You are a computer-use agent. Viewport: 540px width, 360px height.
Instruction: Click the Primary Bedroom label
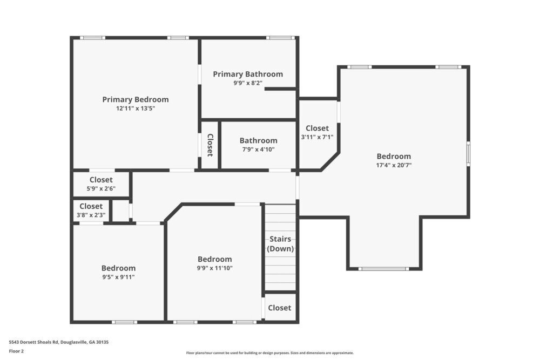tap(136, 99)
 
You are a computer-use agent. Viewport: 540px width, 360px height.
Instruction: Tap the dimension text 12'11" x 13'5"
tap(136, 108)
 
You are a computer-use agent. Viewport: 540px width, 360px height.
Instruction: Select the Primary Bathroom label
tap(248, 74)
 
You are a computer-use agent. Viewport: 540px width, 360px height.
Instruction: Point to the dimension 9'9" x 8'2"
tap(248, 83)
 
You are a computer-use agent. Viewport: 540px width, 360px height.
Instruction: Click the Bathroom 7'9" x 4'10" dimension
tap(258, 149)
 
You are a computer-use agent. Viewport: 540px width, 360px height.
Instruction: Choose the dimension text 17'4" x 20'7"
tap(394, 165)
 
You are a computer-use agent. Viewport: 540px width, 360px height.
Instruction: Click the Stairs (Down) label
tap(280, 243)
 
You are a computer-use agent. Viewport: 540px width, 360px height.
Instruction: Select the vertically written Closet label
tap(210, 145)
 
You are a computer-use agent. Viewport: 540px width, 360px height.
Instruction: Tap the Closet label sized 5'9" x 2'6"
tap(101, 180)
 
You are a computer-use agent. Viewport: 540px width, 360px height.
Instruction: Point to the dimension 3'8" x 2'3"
tap(91, 215)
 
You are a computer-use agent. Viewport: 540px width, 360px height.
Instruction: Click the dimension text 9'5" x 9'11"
tap(118, 277)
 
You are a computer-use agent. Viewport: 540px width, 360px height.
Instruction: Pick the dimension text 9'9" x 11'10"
tap(214, 268)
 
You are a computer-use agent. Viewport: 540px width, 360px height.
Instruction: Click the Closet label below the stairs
tap(280, 308)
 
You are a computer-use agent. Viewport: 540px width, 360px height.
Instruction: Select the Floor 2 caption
tap(16, 351)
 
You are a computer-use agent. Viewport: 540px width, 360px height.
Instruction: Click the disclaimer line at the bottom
tap(270, 352)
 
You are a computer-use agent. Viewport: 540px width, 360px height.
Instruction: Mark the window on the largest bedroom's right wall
tap(468, 153)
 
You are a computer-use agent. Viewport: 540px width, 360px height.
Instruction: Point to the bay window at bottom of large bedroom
tap(383, 268)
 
